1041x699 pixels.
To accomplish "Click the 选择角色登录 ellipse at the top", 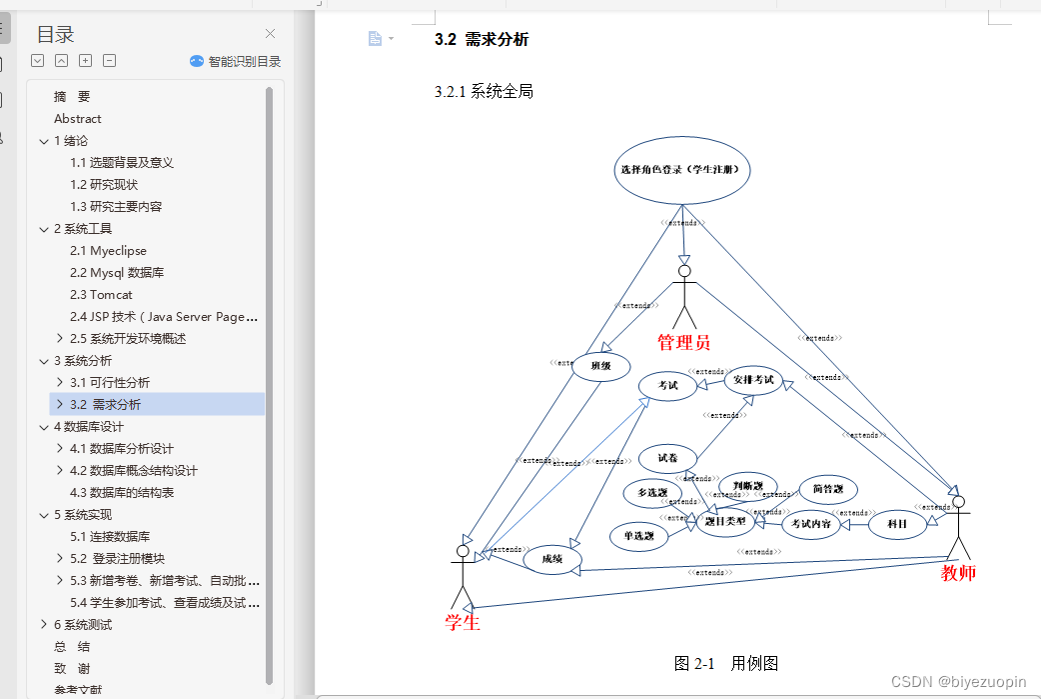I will click(683, 170).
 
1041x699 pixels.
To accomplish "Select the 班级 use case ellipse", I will click(600, 366).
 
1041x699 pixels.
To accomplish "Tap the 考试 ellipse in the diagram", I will click(668, 385).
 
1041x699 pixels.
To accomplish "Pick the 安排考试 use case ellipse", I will click(753, 380).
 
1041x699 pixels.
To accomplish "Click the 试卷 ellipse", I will click(667, 459).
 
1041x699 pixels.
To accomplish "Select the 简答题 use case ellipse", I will click(828, 489).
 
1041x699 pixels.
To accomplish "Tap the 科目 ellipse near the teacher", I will click(897, 524).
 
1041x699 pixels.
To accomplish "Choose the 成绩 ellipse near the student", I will click(552, 559).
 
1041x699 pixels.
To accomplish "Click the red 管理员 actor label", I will click(683, 343).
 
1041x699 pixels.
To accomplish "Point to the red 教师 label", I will click(958, 573).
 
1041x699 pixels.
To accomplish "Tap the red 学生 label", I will click(463, 623).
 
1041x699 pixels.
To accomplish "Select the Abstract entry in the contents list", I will click(78, 119).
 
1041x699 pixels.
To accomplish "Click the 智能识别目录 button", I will click(236, 61).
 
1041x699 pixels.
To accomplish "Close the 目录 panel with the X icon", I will click(270, 34).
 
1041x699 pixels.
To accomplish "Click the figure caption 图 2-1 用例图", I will click(726, 663).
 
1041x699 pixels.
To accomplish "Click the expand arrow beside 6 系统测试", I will click(44, 625).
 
